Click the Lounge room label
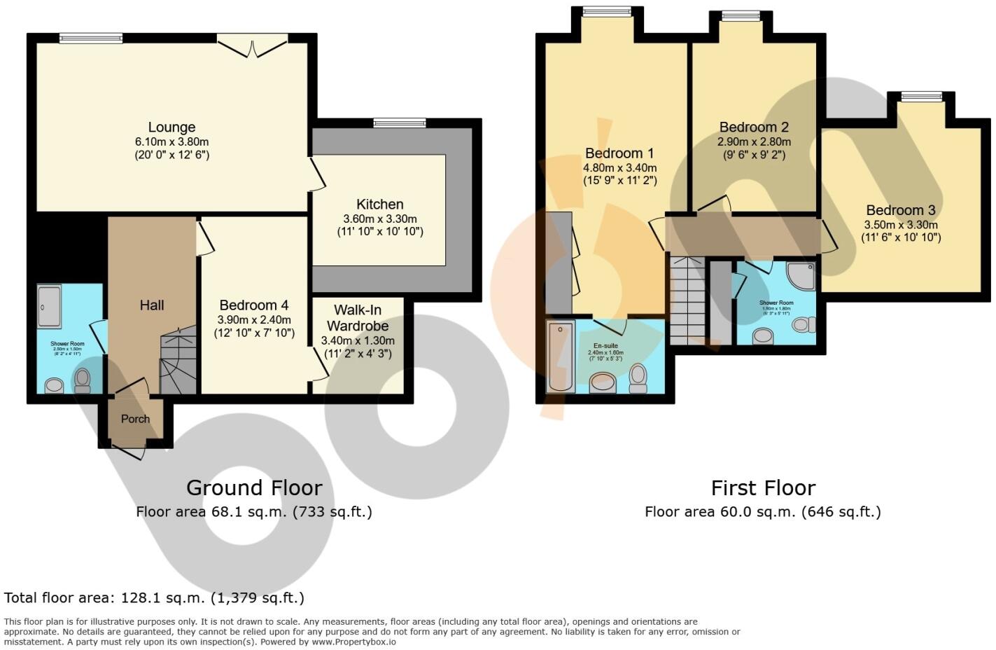click(171, 127)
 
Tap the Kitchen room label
click(380, 205)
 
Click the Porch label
click(135, 419)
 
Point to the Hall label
click(152, 305)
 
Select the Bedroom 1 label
click(619, 153)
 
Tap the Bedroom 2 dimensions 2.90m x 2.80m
click(754, 141)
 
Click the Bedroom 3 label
click(900, 210)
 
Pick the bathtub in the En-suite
click(561, 356)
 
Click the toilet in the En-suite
click(638, 378)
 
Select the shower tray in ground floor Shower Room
click(49, 306)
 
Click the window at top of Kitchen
click(400, 123)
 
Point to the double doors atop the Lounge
click(251, 46)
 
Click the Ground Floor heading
click(254, 488)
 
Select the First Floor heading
click(763, 488)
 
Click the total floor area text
click(154, 597)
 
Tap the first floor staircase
click(687, 300)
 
